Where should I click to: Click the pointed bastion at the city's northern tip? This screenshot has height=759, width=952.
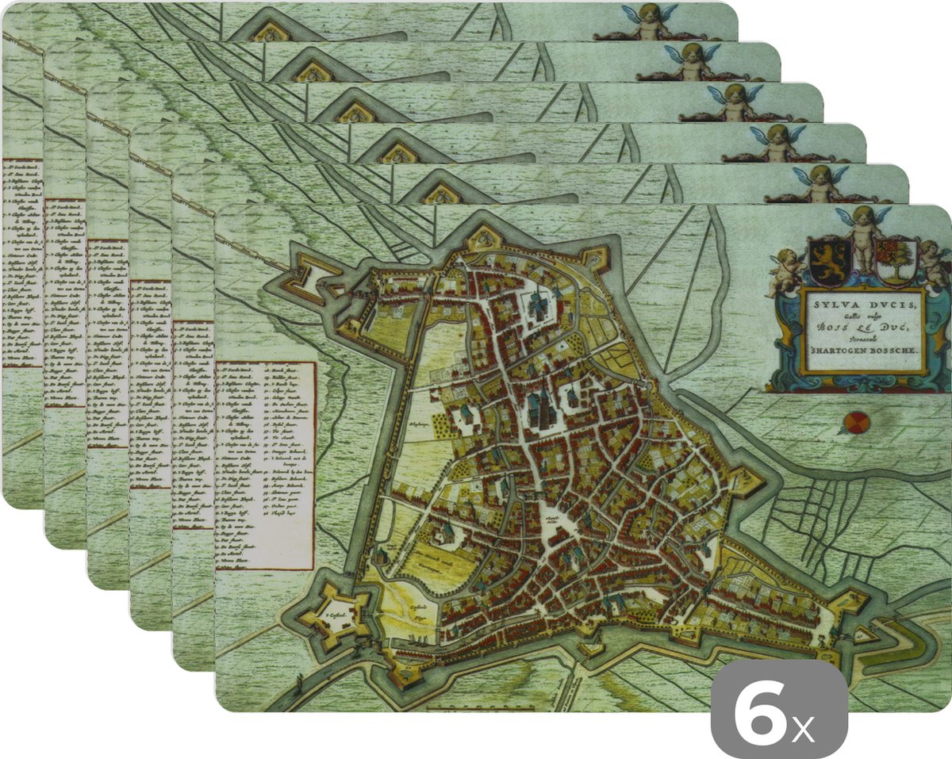[x=483, y=238]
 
